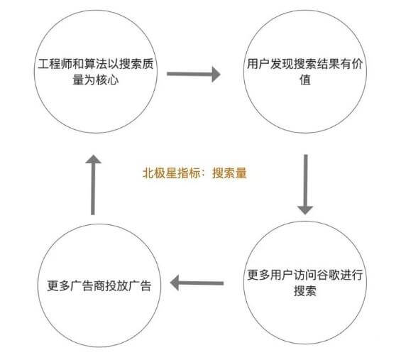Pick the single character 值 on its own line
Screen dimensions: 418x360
coord(305,80)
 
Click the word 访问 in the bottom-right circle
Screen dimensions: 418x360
coord(305,275)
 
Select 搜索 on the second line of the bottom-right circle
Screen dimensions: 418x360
coord(305,290)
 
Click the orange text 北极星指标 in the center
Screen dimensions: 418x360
coord(172,173)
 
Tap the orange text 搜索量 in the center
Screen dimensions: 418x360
coord(229,173)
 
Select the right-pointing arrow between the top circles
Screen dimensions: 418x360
coord(194,74)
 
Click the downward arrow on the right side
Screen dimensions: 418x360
coord(305,185)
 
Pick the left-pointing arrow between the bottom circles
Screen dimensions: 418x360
coord(197,283)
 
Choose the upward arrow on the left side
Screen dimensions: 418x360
coord(93,185)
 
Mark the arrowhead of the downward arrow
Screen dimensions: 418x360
coord(305,210)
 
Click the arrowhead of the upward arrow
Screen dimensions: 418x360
coord(93,159)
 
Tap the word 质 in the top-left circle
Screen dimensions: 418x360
coord(148,65)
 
